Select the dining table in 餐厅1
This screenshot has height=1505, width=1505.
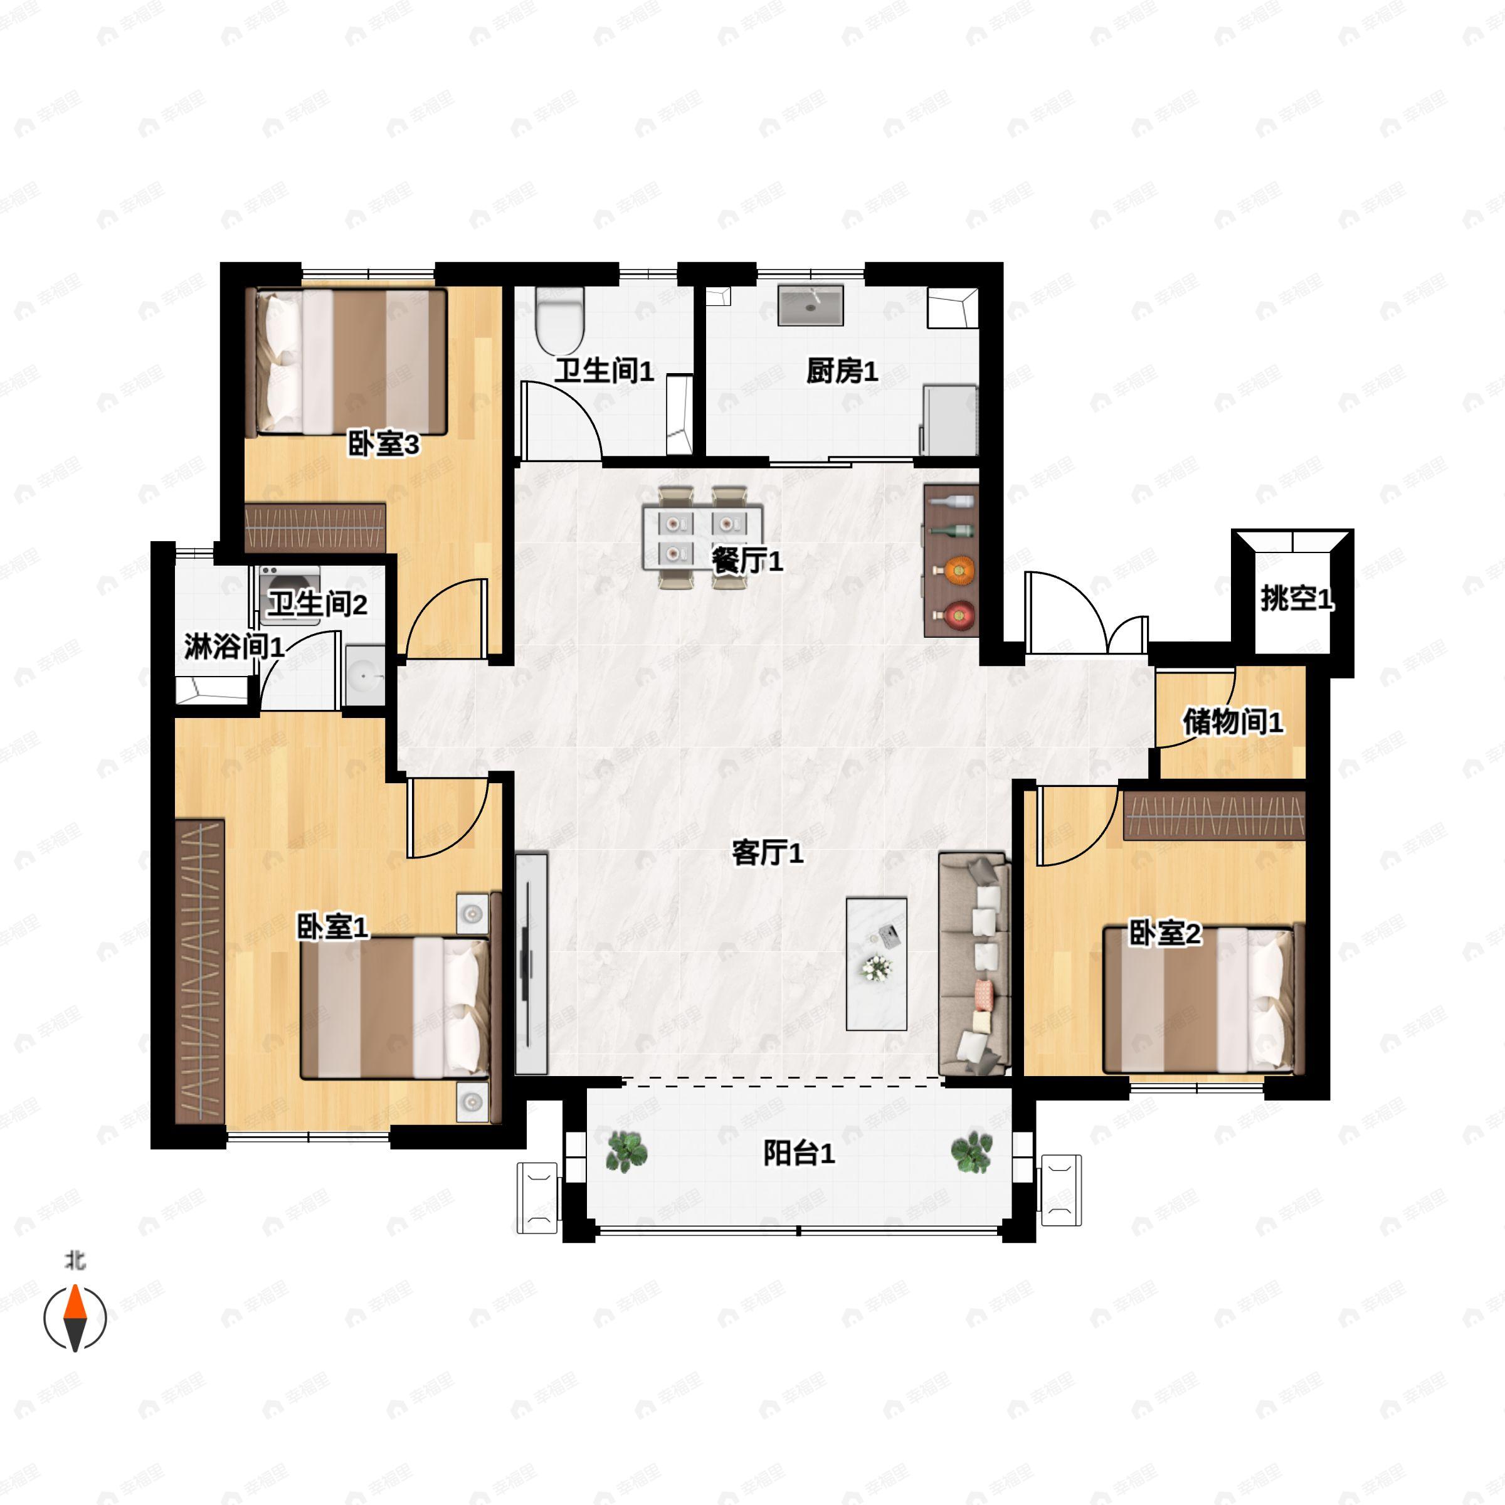(x=702, y=537)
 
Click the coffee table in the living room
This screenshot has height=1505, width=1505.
(x=877, y=964)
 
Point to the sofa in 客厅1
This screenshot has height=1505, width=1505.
(x=974, y=964)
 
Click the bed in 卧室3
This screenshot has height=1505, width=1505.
(x=346, y=362)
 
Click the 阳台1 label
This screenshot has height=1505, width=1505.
(x=798, y=1153)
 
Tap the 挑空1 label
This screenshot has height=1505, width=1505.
(x=1297, y=598)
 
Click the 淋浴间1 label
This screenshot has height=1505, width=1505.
(x=234, y=646)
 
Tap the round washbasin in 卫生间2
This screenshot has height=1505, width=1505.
(x=364, y=675)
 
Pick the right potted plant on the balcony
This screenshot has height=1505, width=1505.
(x=971, y=1152)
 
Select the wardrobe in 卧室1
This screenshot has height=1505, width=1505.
(x=199, y=971)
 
